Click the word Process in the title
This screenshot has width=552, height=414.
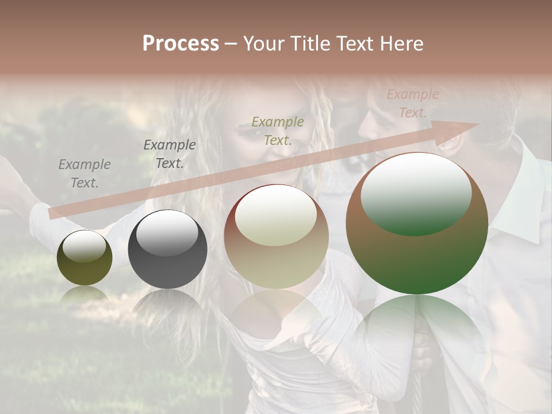point(181,44)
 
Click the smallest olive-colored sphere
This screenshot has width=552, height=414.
point(85,258)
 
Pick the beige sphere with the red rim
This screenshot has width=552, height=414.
point(277,237)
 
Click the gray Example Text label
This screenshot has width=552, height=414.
point(85,174)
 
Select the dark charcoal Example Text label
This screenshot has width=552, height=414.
point(170,154)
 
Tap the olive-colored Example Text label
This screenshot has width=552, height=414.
point(278,131)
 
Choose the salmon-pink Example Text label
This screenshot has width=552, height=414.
point(412,103)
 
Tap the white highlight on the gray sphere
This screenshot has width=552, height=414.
point(166,232)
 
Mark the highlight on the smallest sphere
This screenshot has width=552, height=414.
point(84,247)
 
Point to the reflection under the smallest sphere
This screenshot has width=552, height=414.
point(85,296)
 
